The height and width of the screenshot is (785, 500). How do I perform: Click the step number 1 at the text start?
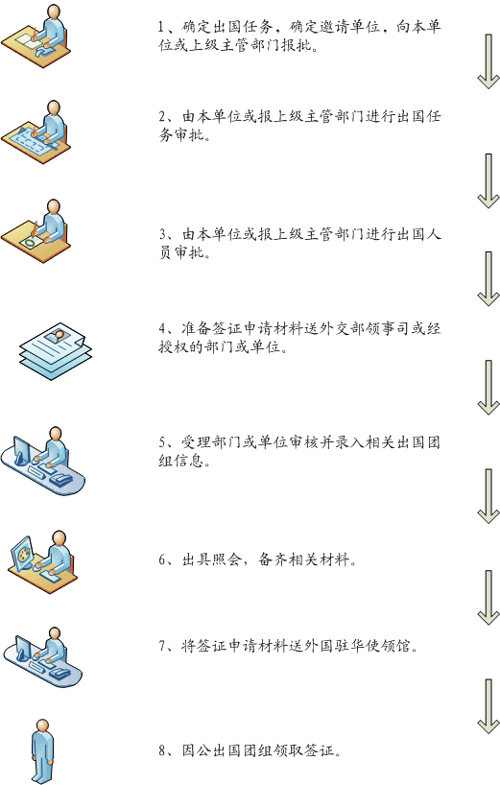(161, 27)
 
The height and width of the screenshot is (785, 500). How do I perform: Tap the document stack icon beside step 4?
(56, 351)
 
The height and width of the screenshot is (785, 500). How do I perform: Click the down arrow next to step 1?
(488, 61)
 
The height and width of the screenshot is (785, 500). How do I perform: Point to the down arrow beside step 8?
(488, 706)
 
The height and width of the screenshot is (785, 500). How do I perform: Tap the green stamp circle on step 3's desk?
(31, 243)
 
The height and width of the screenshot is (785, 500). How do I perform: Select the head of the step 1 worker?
(54, 11)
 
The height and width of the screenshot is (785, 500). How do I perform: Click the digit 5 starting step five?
(162, 442)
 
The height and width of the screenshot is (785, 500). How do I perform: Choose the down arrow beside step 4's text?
(488, 388)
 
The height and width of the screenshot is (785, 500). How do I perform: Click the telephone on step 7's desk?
(61, 673)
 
